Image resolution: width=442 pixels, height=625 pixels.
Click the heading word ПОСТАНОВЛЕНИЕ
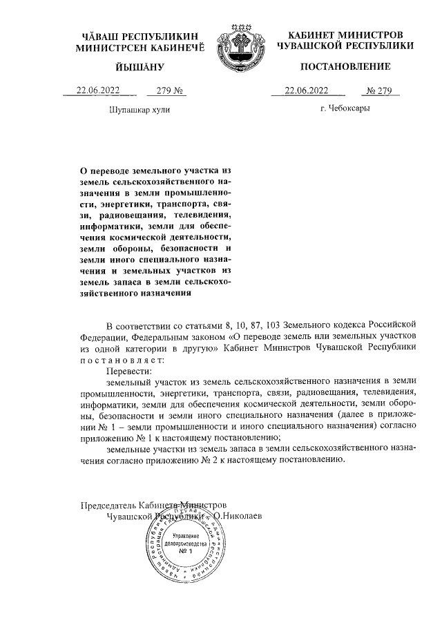(345, 67)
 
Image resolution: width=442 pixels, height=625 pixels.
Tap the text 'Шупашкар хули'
(139, 109)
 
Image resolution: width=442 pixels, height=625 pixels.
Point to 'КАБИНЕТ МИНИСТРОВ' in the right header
(345, 35)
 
